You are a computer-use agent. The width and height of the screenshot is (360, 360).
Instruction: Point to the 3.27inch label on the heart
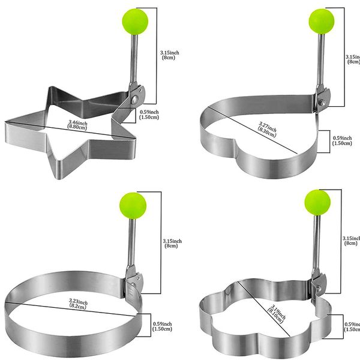pos(266,129)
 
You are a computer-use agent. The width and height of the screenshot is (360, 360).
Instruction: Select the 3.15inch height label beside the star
pos(170,56)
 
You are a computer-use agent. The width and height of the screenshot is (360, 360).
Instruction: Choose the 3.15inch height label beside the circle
pos(172,244)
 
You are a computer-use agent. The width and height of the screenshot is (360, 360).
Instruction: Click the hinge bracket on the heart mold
pos(322,96)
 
